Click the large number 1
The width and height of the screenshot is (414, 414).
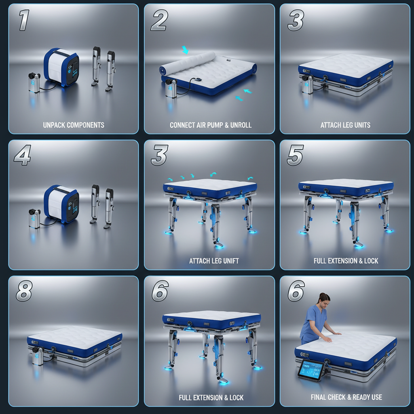point(23,21)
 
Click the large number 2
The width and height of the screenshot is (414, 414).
point(159,21)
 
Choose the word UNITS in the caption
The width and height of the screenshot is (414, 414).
point(362,125)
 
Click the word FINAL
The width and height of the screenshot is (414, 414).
point(320,397)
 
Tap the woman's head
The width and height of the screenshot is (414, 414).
point(323,299)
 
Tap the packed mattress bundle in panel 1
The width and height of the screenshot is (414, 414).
point(61,67)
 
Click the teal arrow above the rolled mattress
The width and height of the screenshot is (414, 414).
point(185,50)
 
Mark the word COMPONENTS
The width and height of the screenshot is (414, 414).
point(86,125)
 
